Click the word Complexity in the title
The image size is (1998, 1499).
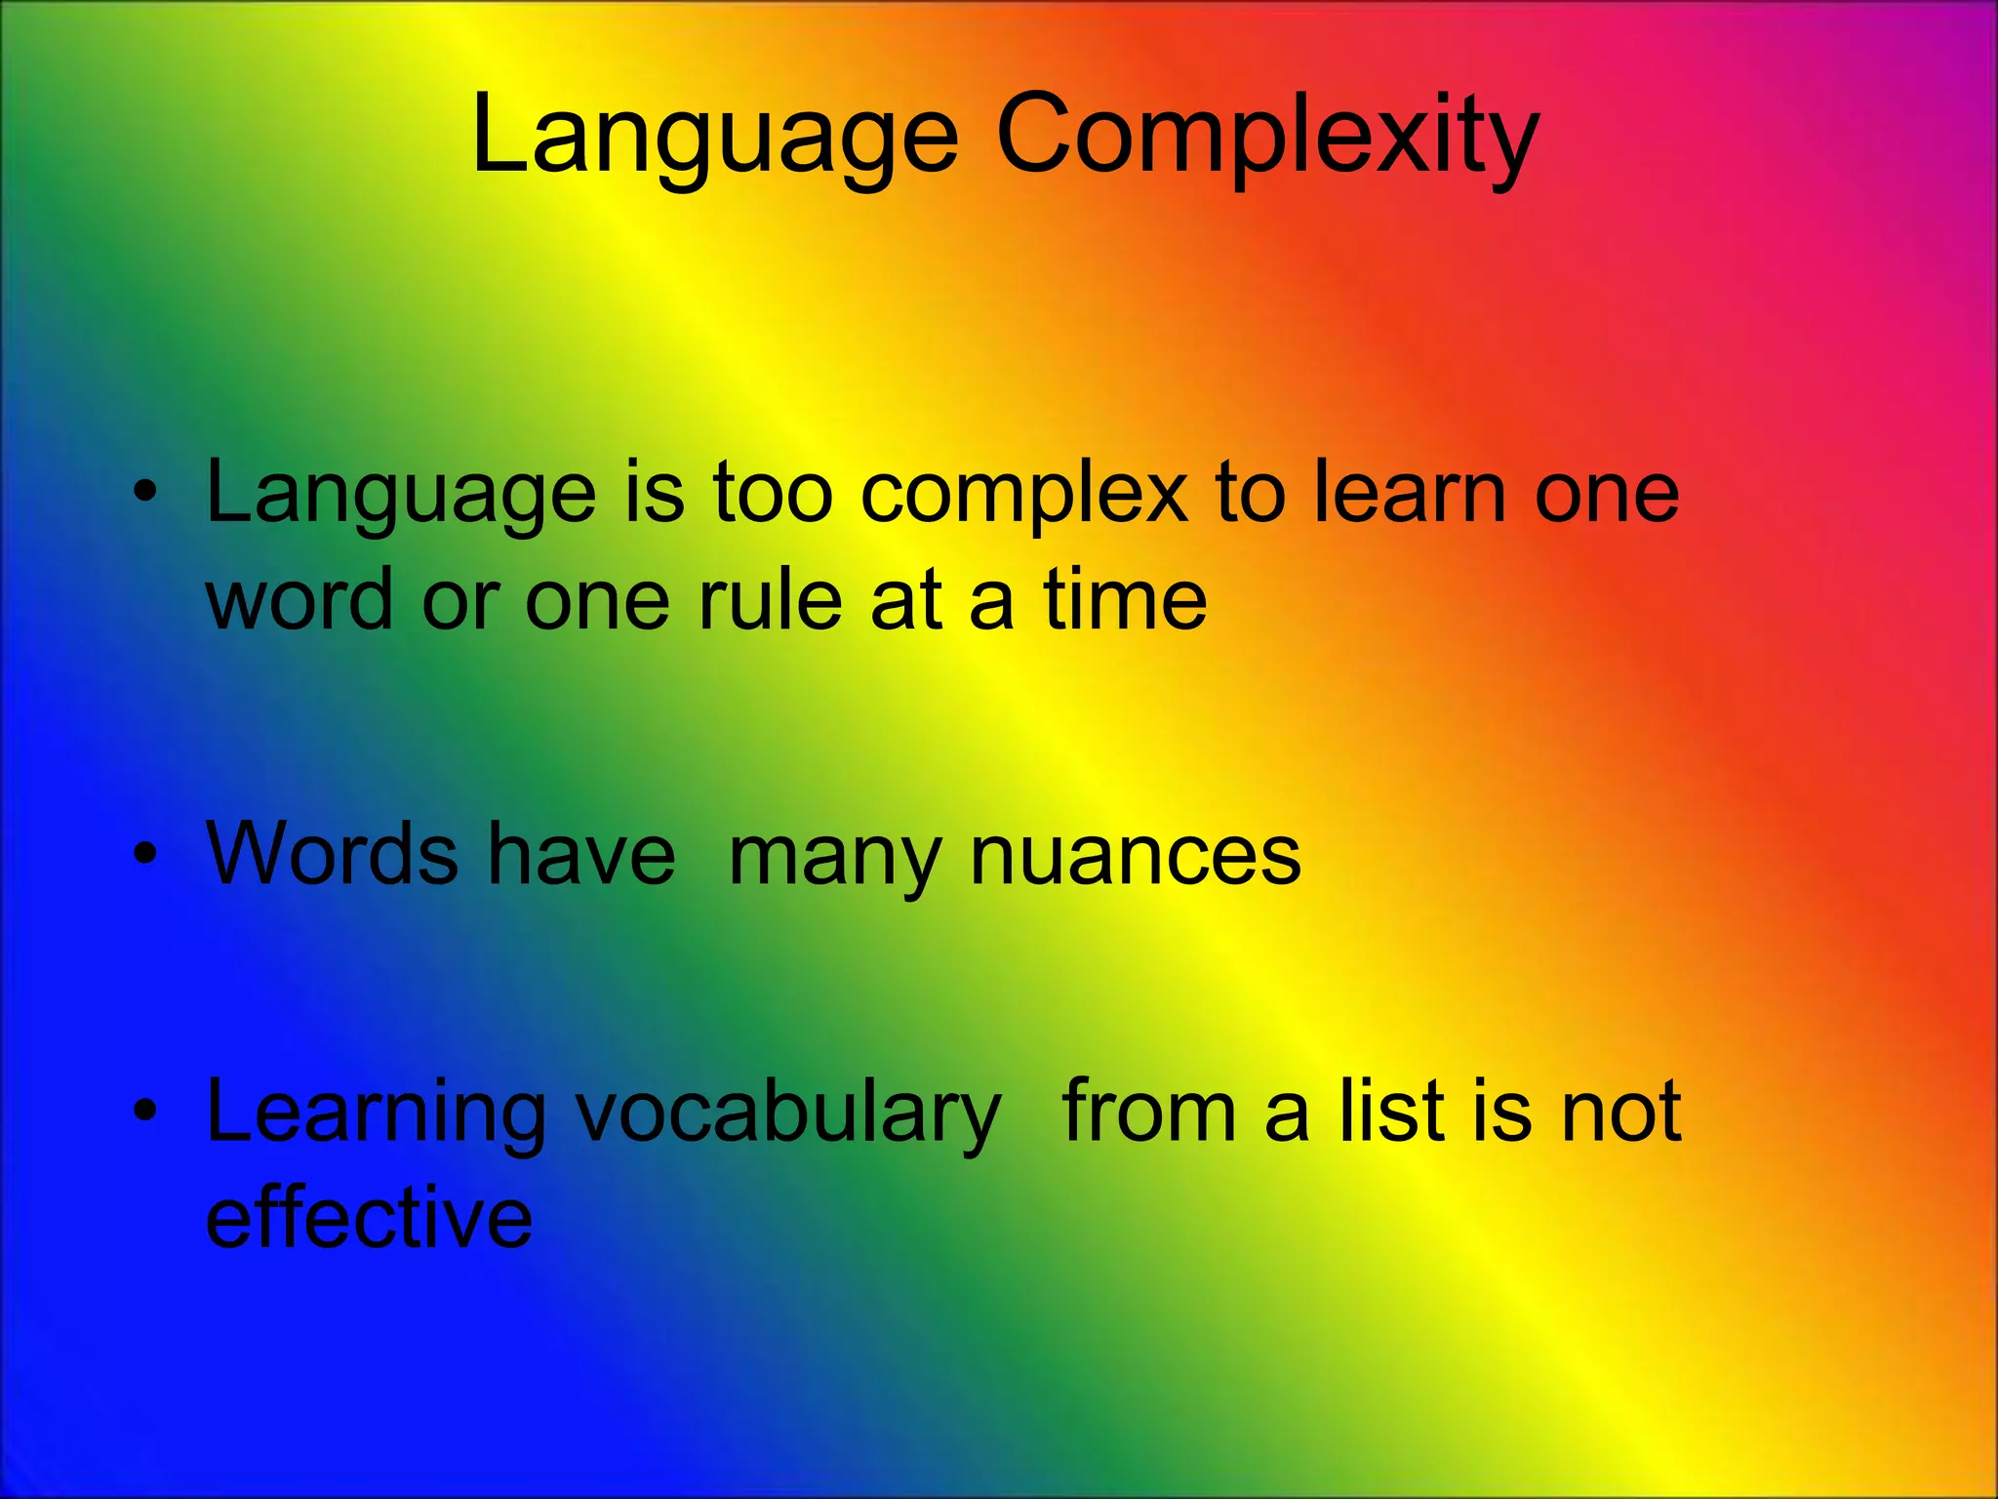(x=1266, y=137)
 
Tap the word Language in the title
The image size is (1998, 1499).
(x=715, y=137)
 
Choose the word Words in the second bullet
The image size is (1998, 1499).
(x=332, y=854)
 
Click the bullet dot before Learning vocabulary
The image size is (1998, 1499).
(x=145, y=1112)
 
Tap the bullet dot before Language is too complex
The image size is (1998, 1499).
(x=145, y=494)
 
